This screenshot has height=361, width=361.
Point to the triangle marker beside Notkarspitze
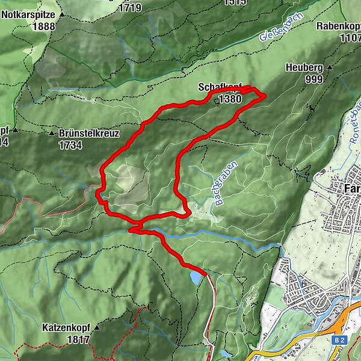tap(62, 14)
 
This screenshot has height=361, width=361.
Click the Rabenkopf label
tap(339, 26)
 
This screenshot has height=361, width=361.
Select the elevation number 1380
tap(230, 99)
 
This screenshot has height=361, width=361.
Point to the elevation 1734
tap(70, 145)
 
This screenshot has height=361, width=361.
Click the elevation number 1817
tap(78, 339)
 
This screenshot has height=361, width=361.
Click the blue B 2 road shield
tap(339, 340)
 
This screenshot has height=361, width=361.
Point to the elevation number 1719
tap(130, 7)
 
